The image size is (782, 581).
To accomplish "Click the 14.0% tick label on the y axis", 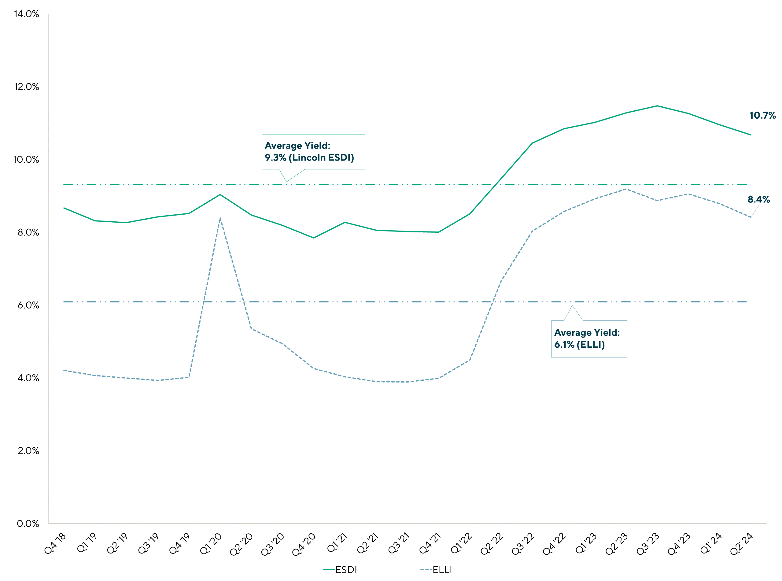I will tap(26, 14).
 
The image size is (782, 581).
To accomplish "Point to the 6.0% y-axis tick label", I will tap(28, 305).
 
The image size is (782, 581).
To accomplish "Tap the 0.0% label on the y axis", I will tap(28, 524).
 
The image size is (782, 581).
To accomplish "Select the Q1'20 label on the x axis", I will tap(211, 543).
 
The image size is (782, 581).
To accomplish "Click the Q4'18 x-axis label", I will tap(55, 543).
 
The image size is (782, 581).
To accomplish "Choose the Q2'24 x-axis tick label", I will tap(742, 543).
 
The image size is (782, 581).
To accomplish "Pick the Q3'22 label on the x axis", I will tap(523, 543).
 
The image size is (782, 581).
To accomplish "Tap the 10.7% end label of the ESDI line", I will tap(762, 115).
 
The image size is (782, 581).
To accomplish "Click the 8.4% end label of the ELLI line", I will tap(758, 199).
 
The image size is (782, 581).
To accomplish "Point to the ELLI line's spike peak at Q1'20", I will tap(220, 218).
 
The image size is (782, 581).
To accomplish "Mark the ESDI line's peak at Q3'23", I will tap(657, 106).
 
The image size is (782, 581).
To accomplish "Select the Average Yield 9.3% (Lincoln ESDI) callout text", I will tap(309, 152).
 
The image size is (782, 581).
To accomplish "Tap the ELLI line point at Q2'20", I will tap(251, 329).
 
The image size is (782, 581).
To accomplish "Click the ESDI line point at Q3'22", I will tap(532, 143).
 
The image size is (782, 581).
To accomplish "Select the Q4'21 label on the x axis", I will tap(430, 543).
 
